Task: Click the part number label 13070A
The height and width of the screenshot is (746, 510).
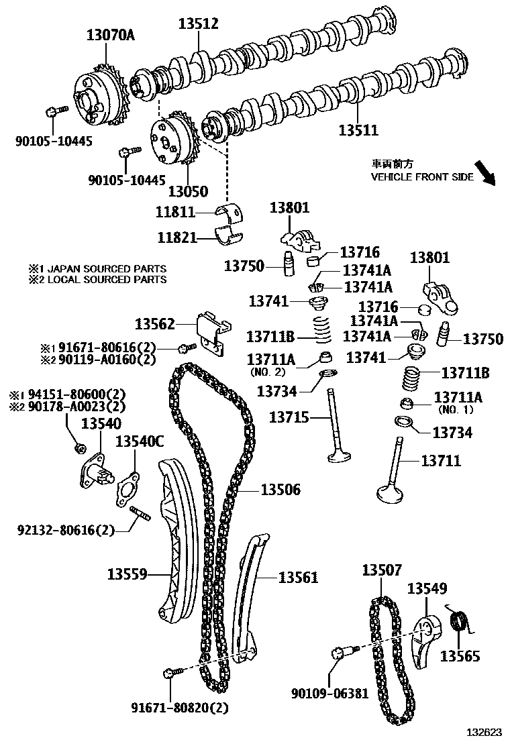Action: coord(111,35)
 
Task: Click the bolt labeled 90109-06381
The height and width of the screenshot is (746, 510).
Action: coord(340,653)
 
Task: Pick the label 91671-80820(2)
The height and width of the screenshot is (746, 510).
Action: coord(180,707)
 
